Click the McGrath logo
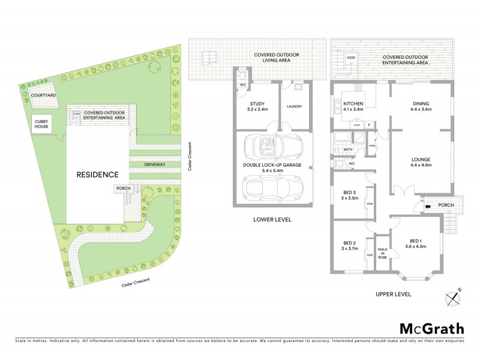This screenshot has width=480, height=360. point(431,328)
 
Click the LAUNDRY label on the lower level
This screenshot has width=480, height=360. point(294,106)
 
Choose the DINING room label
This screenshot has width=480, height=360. point(421,106)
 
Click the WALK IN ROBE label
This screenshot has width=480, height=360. point(382,253)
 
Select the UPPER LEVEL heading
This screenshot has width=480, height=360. point(393,295)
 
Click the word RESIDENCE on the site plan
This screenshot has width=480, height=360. point(97,175)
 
